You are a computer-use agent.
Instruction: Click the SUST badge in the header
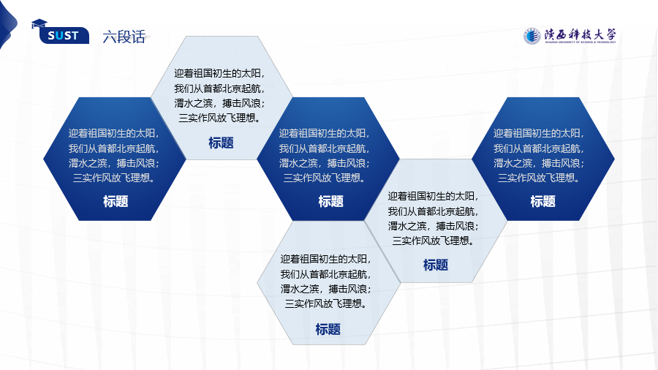click(64, 35)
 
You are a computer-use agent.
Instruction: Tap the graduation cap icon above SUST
click(39, 24)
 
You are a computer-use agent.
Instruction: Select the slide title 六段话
click(124, 37)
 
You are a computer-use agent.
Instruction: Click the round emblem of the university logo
click(532, 36)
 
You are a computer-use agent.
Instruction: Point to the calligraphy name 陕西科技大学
click(581, 34)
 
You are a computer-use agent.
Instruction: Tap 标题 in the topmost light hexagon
click(221, 143)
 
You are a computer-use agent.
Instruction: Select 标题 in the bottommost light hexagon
click(328, 329)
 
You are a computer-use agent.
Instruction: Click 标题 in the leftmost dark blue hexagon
click(116, 201)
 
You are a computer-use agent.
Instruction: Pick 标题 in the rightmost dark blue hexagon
click(542, 201)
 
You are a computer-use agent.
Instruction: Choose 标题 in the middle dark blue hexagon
click(330, 201)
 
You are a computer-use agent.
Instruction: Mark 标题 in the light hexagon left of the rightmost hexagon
click(436, 265)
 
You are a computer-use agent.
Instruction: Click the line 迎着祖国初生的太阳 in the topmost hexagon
click(219, 73)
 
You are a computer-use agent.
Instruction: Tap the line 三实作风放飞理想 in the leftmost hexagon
click(114, 178)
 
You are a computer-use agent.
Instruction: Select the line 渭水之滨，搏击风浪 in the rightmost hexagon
click(538, 163)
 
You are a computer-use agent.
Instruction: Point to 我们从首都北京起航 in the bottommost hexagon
click(325, 274)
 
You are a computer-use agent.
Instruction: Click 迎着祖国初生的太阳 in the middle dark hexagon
click(324, 133)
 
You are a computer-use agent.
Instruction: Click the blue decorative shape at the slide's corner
click(7, 24)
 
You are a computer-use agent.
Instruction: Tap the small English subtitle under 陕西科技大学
click(581, 42)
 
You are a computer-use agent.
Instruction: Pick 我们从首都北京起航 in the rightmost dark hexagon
click(538, 148)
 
